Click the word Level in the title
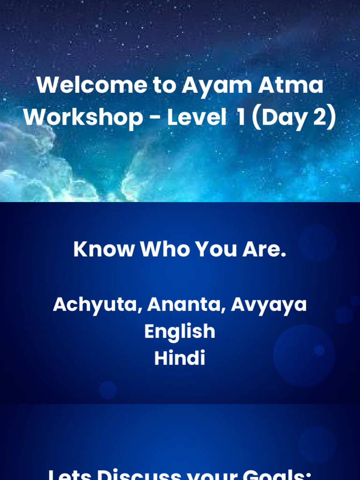click(x=196, y=117)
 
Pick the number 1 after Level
click(x=240, y=117)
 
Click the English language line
click(x=180, y=332)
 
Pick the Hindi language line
click(x=180, y=359)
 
